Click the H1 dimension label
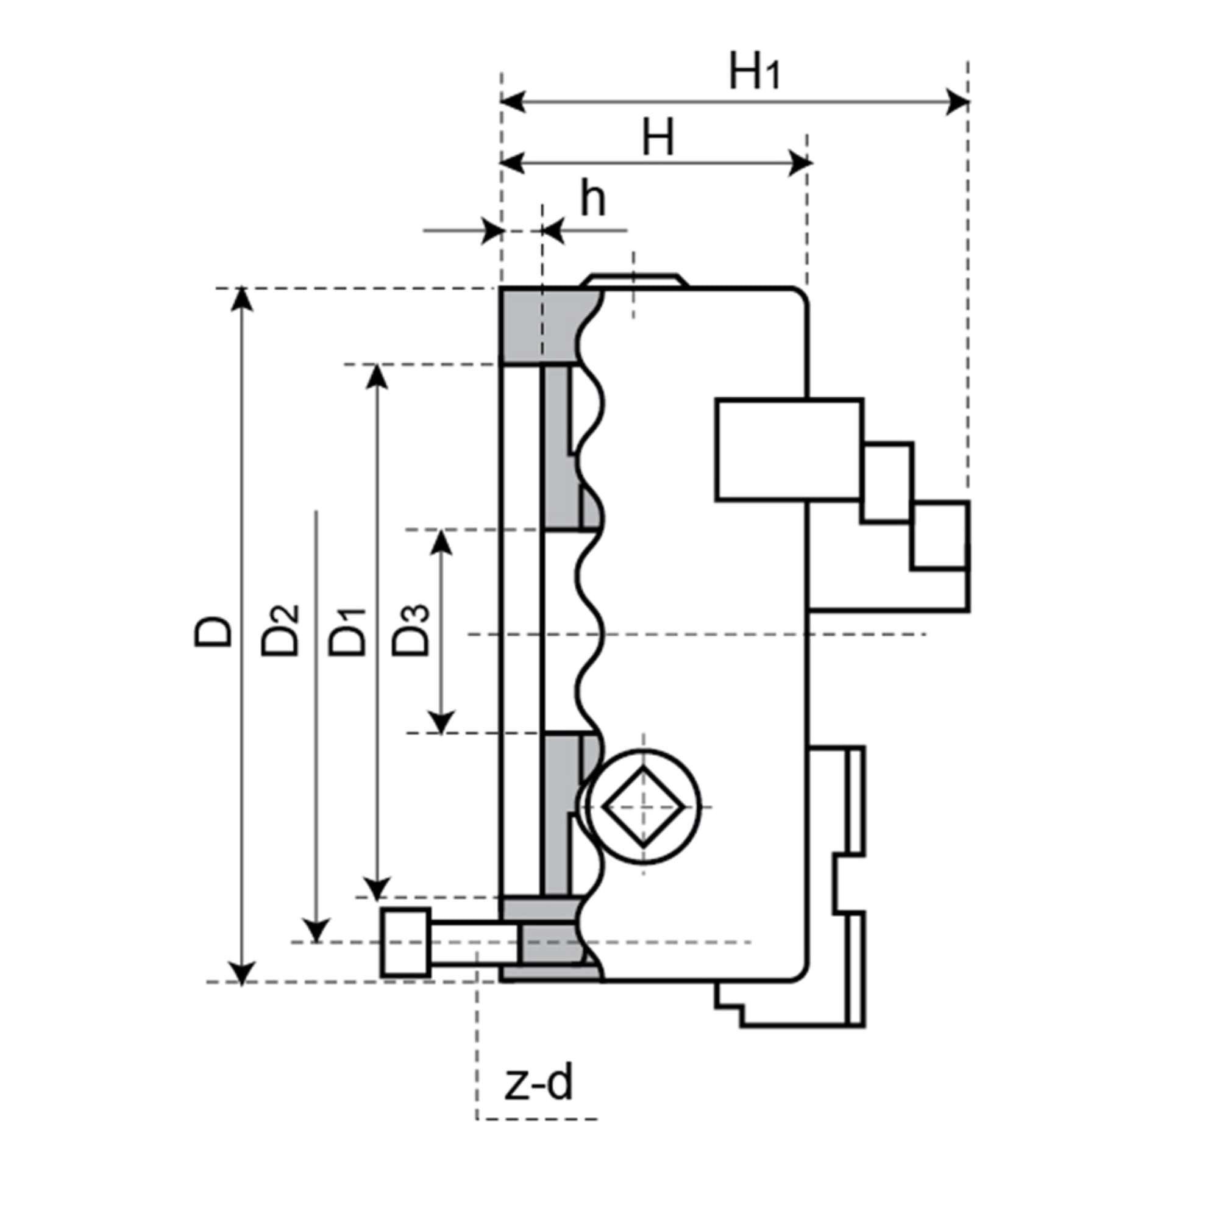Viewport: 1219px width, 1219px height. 755,72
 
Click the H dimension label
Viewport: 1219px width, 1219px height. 658,138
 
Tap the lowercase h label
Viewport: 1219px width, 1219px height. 592,199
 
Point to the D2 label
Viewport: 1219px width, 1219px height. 280,631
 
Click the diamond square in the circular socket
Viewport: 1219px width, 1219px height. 643,807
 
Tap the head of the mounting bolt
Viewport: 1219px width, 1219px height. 405,943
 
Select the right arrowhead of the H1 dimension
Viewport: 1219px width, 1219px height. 958,101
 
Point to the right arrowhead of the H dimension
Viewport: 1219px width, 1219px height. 800,163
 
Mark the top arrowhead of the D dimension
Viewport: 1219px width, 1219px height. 241,300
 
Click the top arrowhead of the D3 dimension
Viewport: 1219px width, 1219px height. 441,542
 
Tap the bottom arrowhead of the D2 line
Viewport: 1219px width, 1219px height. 316,931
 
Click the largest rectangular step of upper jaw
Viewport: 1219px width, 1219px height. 789,449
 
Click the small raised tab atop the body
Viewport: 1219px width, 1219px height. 634,280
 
